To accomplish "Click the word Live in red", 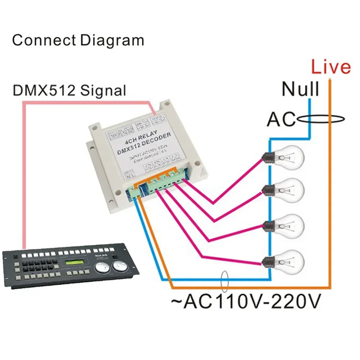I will (x=330, y=67).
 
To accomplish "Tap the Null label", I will (x=300, y=89).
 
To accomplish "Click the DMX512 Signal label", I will (x=69, y=90).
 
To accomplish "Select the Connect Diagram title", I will (x=78, y=40).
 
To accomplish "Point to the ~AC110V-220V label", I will (x=247, y=302).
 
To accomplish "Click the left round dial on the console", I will (x=102, y=267).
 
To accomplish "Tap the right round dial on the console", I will (x=120, y=267).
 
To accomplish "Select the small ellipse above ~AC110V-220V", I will (x=225, y=281).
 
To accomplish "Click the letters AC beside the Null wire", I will (x=280, y=120).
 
